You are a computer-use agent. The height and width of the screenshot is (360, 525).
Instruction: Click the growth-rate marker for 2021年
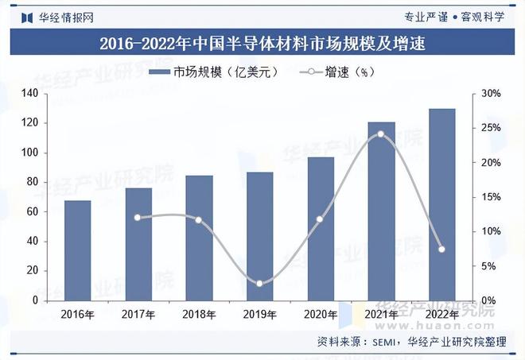pyautogui.click(x=380, y=134)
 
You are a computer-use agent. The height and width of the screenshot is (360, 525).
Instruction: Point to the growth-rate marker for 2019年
pyautogui.click(x=259, y=283)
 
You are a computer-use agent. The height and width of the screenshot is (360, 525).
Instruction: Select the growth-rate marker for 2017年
pyautogui.click(x=138, y=217)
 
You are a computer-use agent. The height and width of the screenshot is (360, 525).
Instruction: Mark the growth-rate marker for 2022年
pyautogui.click(x=441, y=250)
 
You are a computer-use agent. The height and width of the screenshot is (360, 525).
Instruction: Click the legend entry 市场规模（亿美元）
pyautogui.click(x=215, y=72)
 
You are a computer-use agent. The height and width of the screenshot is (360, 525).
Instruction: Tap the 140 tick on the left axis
pyautogui.click(x=30, y=94)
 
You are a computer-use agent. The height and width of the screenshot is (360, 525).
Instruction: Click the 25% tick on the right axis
pyautogui.click(x=492, y=128)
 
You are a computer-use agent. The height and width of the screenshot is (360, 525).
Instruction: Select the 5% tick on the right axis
pyautogui.click(x=489, y=265)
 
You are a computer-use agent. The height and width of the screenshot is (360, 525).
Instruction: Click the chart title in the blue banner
pyautogui.click(x=262, y=45)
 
